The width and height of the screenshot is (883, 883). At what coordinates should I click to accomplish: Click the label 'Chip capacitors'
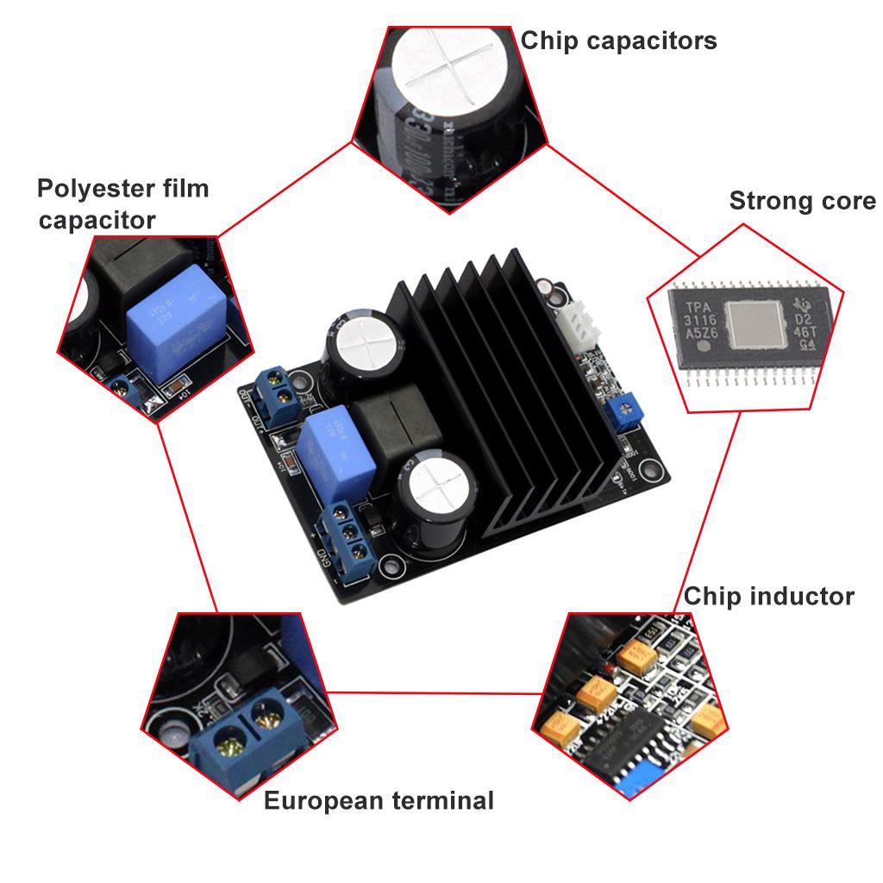pyautogui.click(x=618, y=41)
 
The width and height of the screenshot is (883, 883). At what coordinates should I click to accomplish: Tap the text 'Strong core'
pyautogui.click(x=802, y=201)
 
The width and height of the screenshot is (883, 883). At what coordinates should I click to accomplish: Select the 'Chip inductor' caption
pyautogui.click(x=768, y=596)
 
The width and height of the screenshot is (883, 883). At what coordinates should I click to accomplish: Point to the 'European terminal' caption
pyautogui.click(x=379, y=800)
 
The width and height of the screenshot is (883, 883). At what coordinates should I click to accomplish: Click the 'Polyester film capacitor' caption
pyautogui.click(x=122, y=204)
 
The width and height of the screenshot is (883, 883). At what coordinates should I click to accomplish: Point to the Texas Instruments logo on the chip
pyautogui.click(x=805, y=310)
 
